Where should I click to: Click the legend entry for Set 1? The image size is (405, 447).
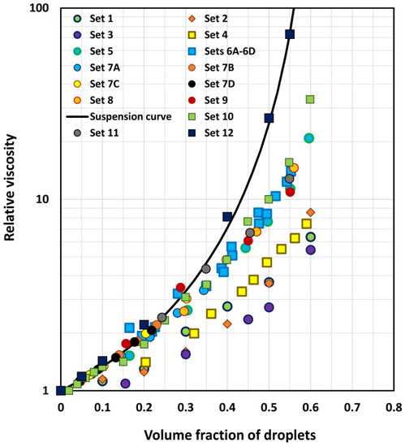point(106,18)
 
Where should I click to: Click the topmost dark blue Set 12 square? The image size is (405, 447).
point(290,34)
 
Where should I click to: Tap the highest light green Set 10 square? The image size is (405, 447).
point(310,100)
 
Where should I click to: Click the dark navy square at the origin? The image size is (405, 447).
point(61,390)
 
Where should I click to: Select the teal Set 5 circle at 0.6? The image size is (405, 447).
point(308,138)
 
